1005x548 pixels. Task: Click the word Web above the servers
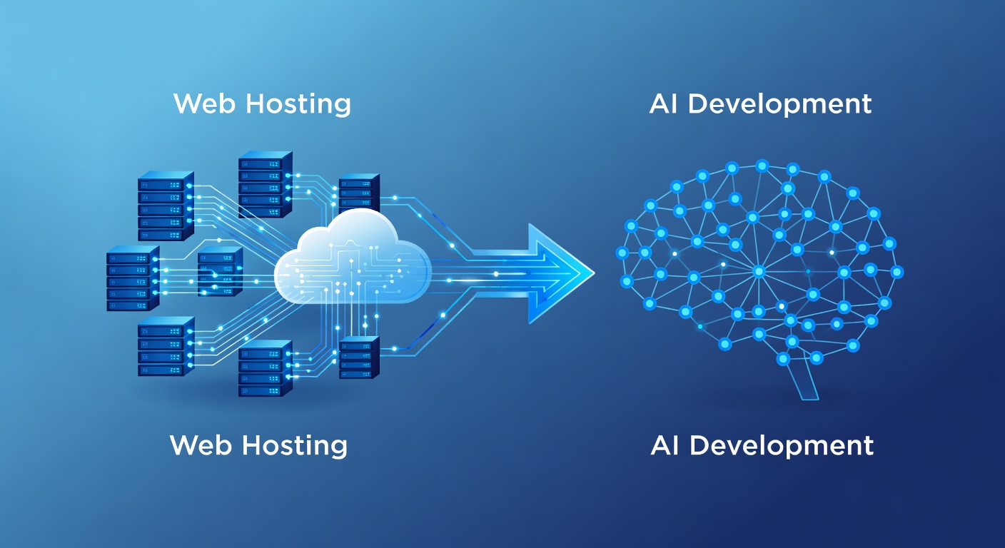click(204, 103)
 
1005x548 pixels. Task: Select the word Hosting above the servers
click(298, 104)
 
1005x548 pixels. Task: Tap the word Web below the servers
click(201, 445)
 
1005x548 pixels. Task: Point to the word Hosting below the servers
click(296, 446)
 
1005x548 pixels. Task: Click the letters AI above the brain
click(665, 103)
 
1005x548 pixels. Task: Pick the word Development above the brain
click(779, 104)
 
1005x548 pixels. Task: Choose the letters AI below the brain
click(666, 445)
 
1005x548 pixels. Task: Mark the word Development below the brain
click(782, 446)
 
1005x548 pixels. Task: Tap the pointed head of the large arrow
click(561, 273)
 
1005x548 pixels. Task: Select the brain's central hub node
click(759, 271)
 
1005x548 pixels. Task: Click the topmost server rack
click(265, 184)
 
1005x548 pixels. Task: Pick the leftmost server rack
click(133, 278)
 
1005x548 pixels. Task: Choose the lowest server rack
click(265, 368)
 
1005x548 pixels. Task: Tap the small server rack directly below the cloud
click(359, 357)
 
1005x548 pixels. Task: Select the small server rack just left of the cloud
click(220, 271)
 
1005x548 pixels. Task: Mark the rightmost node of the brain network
click(897, 272)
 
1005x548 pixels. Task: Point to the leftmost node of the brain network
click(622, 253)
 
